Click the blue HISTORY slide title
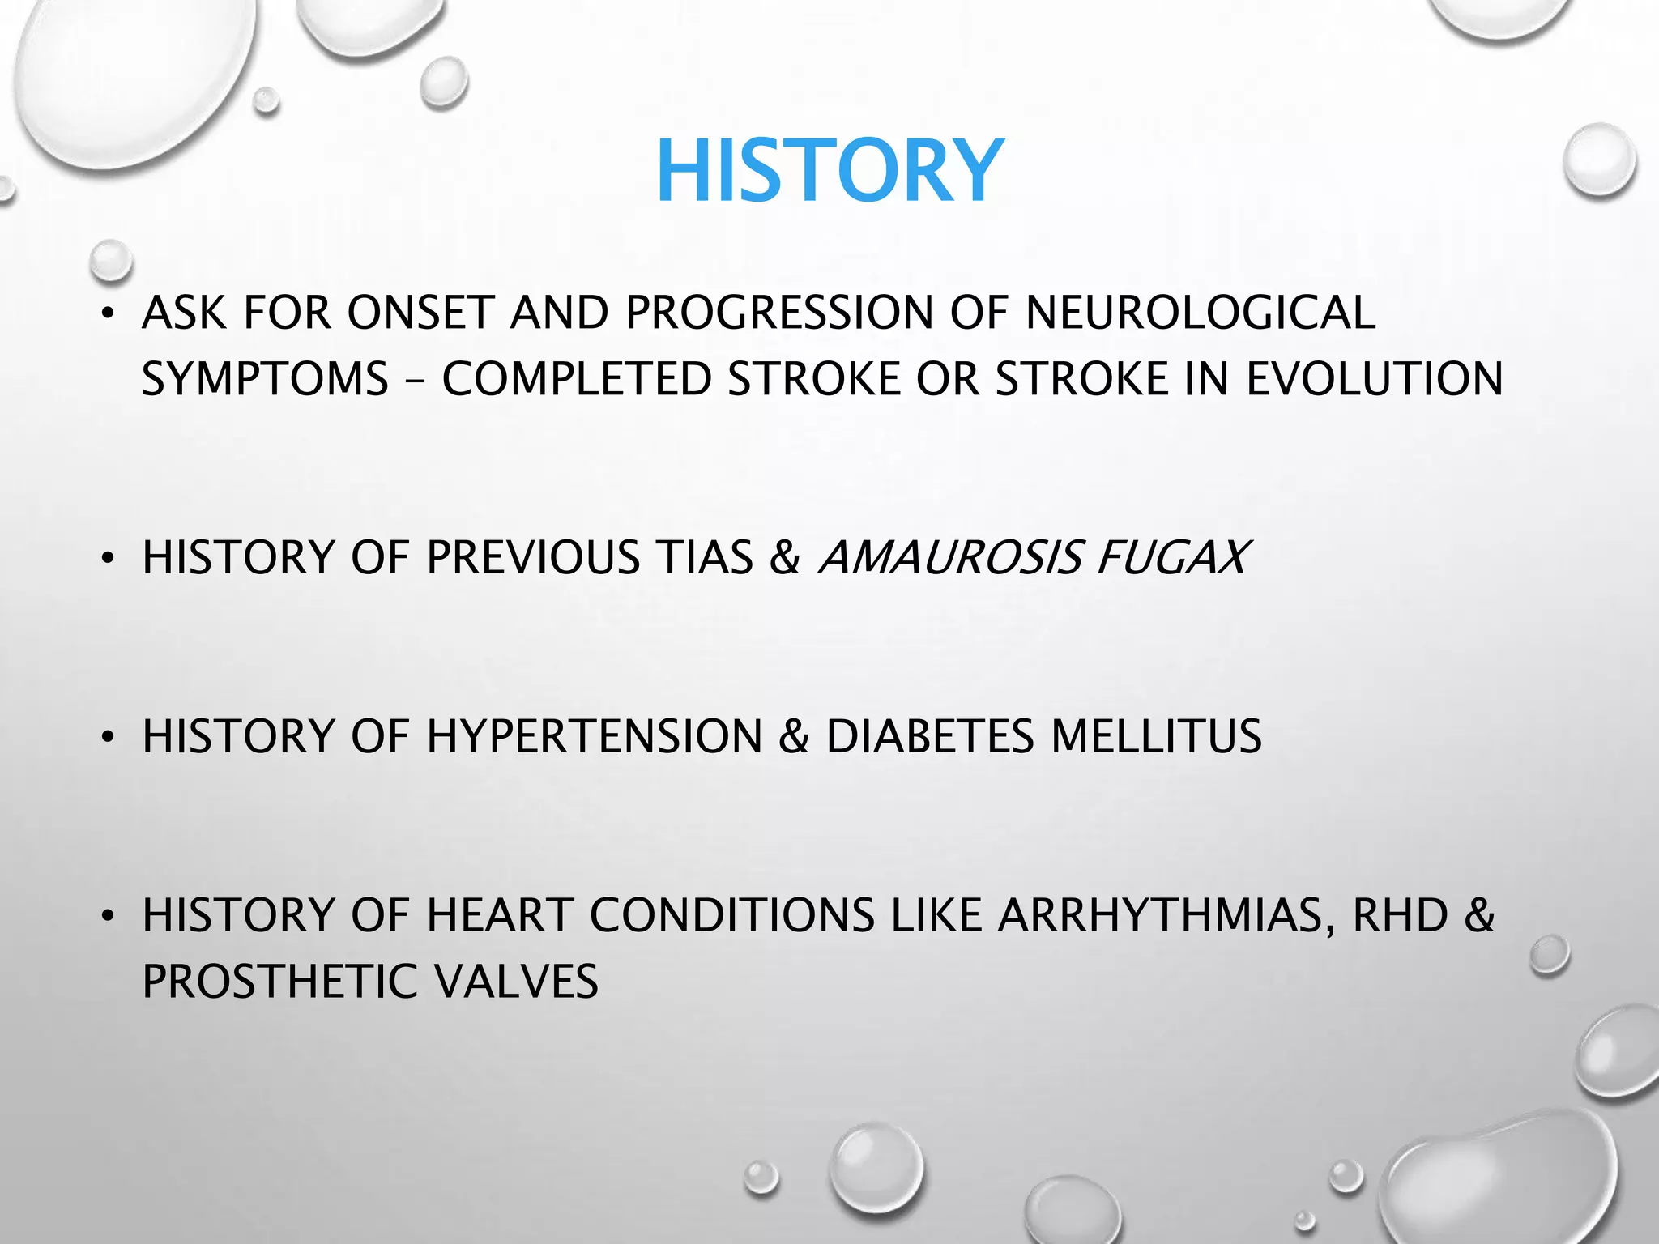click(829, 172)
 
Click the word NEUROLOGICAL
click(1200, 313)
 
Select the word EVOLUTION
click(1374, 379)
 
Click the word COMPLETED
click(576, 379)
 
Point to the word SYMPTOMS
click(265, 379)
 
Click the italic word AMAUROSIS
click(951, 558)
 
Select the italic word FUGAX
click(1172, 558)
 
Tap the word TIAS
click(705, 558)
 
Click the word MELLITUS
click(1156, 736)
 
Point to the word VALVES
click(516, 982)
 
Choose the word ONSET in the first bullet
click(420, 313)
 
